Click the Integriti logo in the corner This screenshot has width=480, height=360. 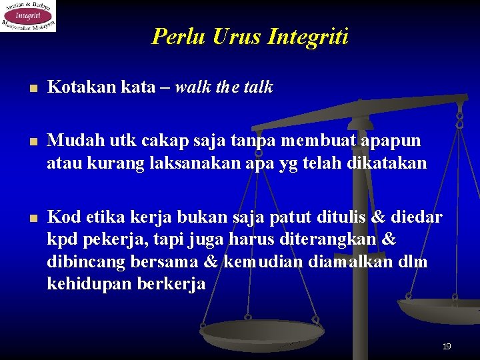28,16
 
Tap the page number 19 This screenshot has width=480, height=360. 447,347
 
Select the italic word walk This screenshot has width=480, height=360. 193,87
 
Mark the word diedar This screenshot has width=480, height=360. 419,217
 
